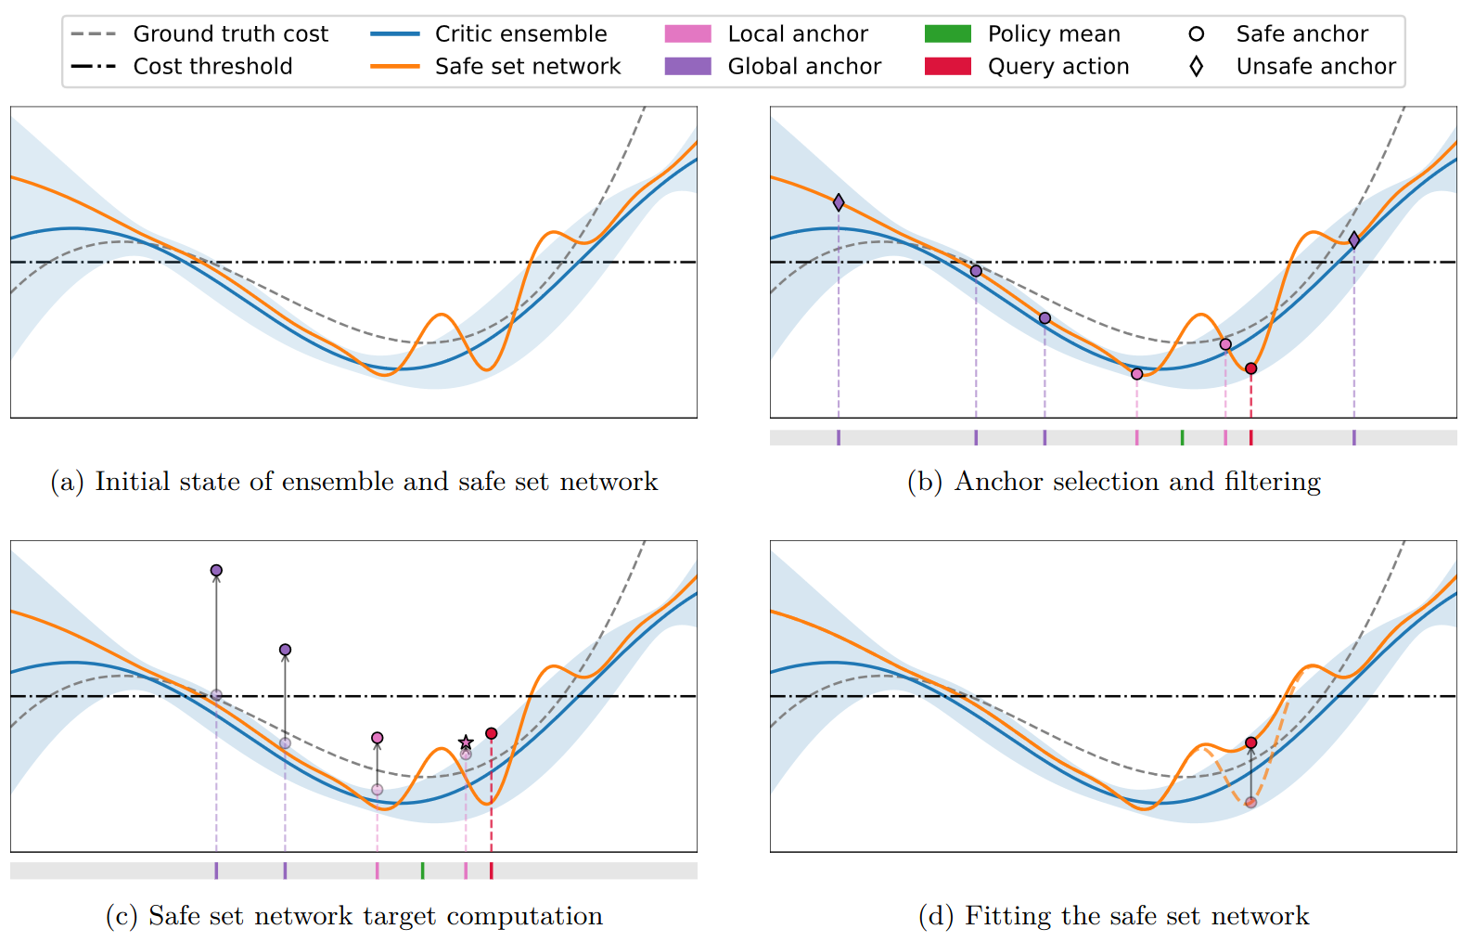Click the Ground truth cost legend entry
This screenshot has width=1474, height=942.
[x=199, y=33]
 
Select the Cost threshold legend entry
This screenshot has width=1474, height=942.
[x=182, y=66]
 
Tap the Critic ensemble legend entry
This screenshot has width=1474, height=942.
[x=489, y=33]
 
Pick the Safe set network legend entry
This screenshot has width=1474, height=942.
[x=495, y=66]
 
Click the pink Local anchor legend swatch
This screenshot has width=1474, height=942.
[x=687, y=33]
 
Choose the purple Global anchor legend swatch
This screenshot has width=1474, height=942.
[x=687, y=66]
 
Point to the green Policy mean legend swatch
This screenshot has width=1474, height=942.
[x=948, y=33]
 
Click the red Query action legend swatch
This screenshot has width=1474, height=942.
[x=948, y=66]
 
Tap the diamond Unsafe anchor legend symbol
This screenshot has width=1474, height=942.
[x=1197, y=66]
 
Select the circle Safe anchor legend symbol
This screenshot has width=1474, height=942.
[x=1197, y=33]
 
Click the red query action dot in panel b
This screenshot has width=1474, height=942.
[x=1251, y=368]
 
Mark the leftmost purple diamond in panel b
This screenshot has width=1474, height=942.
[x=839, y=202]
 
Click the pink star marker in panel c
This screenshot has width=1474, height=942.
[x=466, y=742]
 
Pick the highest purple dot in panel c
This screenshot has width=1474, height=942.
[x=216, y=570]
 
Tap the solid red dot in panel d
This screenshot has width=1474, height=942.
[x=1251, y=742]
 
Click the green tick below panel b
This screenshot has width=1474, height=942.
[x=1183, y=437]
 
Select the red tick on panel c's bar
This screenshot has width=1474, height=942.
[x=492, y=871]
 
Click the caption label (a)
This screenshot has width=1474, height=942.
[x=68, y=482]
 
